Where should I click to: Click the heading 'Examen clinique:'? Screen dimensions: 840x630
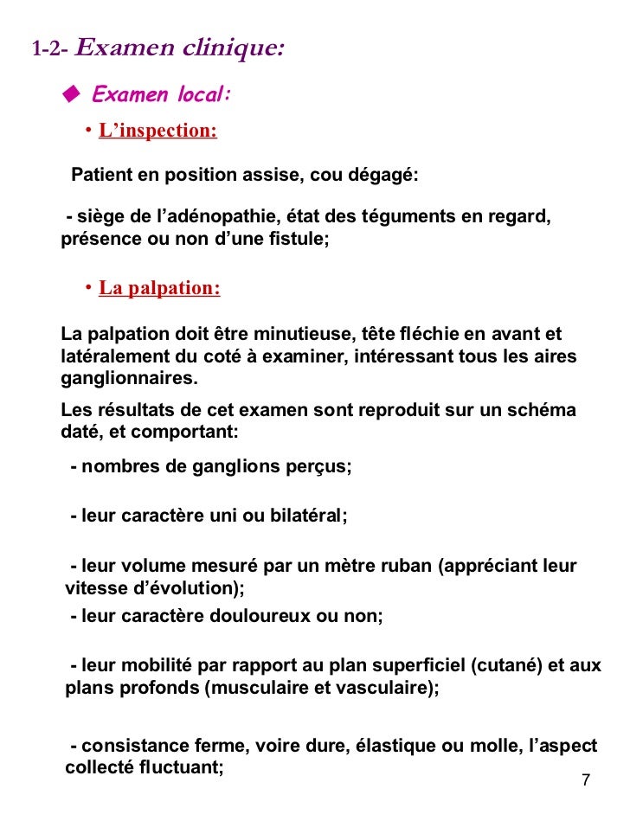pos(179,48)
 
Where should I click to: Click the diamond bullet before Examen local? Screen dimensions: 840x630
pos(71,93)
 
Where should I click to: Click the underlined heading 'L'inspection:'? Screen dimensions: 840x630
pos(157,131)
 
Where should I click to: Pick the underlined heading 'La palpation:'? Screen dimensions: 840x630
pos(159,288)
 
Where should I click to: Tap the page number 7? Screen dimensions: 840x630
pos(586,780)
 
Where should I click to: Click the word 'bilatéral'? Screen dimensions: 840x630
pos(305,516)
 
